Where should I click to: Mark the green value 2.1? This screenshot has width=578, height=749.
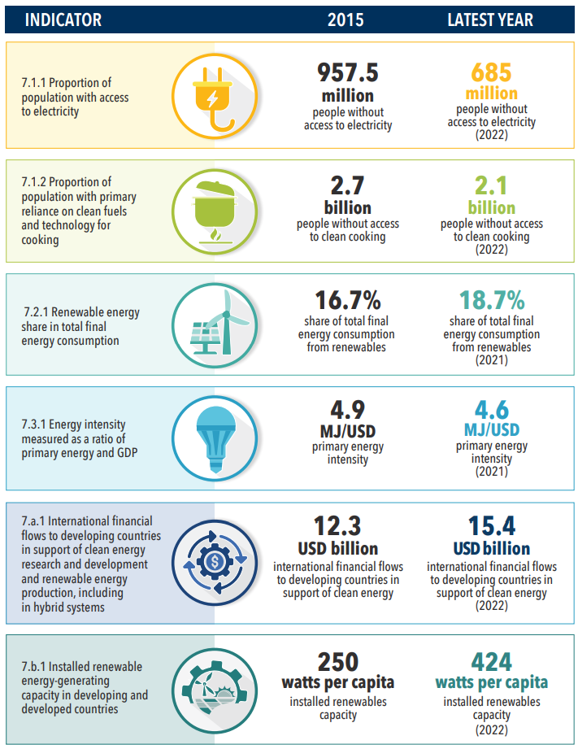tap(491, 185)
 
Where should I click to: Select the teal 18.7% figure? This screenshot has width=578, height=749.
tap(491, 299)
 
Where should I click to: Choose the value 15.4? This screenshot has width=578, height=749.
tap(491, 525)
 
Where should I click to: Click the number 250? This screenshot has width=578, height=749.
tap(337, 661)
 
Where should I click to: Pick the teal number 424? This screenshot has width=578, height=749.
tap(491, 661)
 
